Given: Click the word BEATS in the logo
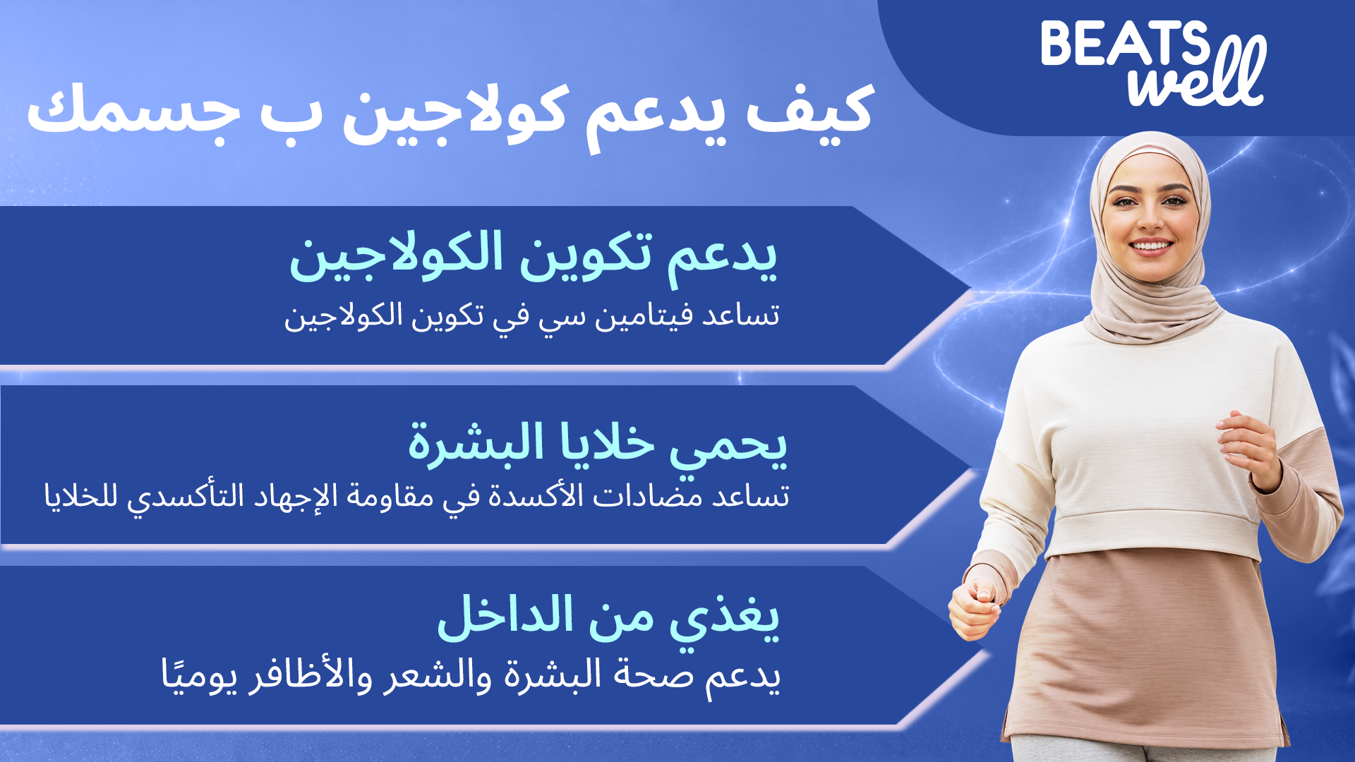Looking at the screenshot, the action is click(x=1125, y=43).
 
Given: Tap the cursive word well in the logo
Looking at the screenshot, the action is click(x=1197, y=74).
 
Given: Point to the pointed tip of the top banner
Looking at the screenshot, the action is click(x=971, y=287).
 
